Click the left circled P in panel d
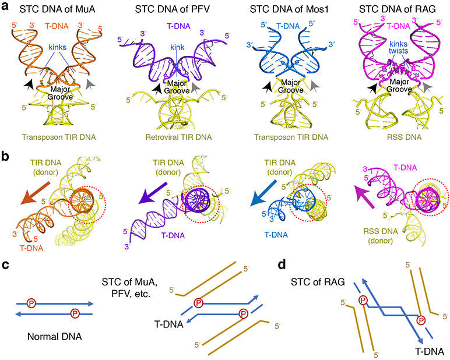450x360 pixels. click(x=363, y=301)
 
